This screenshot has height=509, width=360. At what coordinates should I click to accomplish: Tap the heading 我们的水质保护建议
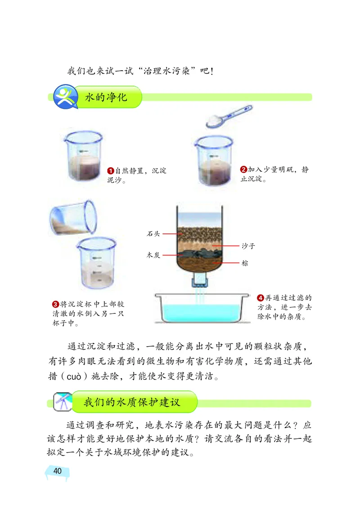132,402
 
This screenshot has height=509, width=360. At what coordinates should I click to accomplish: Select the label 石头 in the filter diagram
153,233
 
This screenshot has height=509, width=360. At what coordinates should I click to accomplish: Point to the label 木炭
153,254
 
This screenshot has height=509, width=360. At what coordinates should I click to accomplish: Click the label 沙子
248,246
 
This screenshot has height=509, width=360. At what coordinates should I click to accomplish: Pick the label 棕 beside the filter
245,263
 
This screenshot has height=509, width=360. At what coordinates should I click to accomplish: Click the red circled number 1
110,171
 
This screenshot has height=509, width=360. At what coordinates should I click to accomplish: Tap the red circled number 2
243,170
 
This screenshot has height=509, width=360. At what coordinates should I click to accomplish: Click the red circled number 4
260,297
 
